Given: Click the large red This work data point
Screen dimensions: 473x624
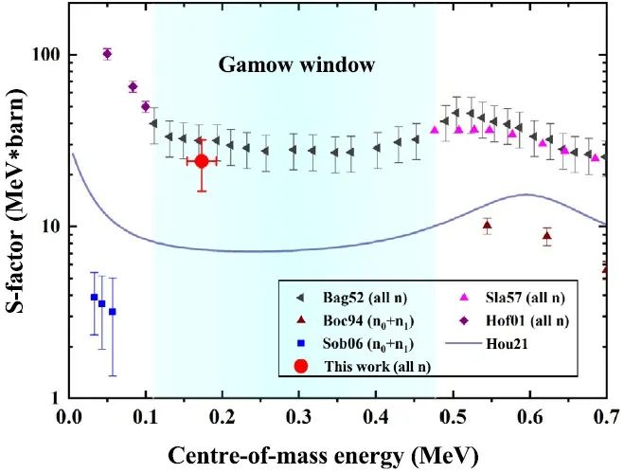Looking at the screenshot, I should (x=201, y=161).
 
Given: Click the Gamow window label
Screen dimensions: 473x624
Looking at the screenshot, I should (x=296, y=65).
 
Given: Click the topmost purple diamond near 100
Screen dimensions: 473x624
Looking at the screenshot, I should (x=107, y=54).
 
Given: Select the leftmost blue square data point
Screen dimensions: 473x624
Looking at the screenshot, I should (x=93, y=298).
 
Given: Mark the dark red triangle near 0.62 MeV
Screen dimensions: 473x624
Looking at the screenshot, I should (x=546, y=236).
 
